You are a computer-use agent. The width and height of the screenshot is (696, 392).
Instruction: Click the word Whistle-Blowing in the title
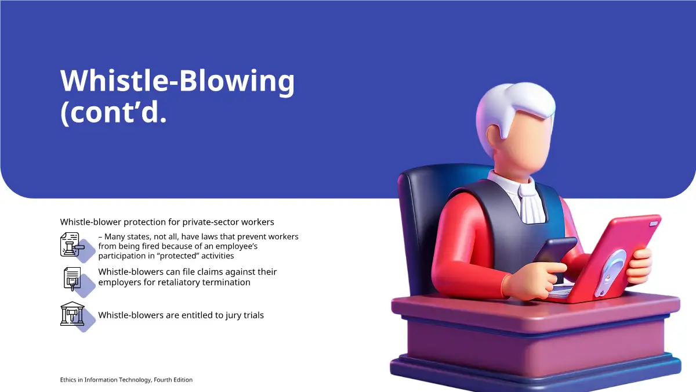coord(177,81)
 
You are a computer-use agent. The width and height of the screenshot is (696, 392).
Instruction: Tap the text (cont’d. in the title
coord(114,113)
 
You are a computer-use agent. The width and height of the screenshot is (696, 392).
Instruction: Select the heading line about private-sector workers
coord(167,222)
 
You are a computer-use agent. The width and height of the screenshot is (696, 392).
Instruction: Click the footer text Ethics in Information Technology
coord(106,380)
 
